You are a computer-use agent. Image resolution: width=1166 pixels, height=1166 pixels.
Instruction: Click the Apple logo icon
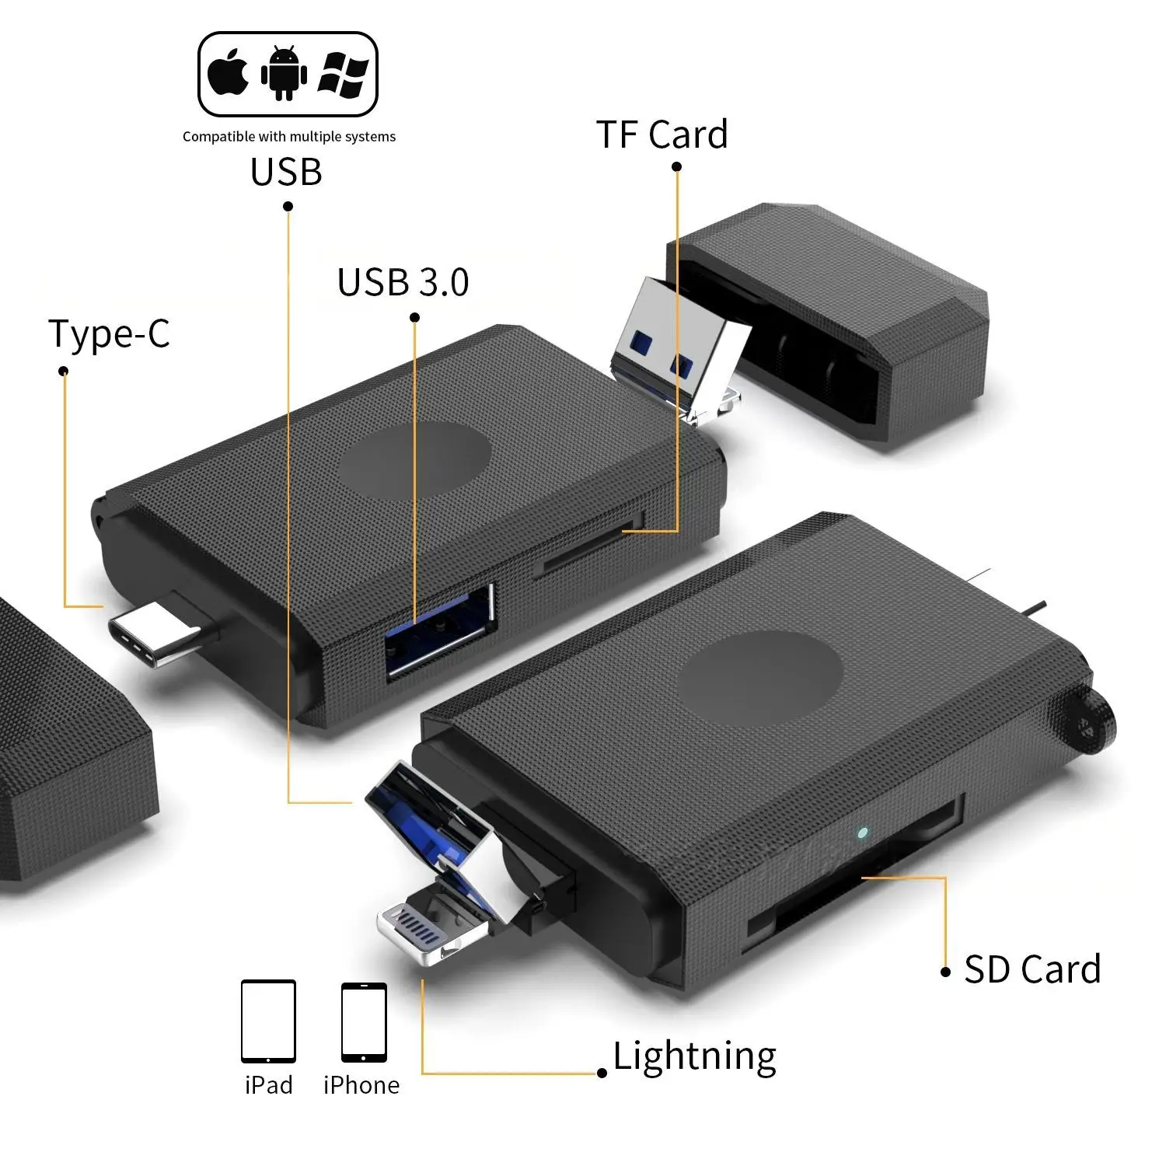[x=229, y=74]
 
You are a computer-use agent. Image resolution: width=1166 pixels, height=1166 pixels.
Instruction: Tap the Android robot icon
[x=284, y=74]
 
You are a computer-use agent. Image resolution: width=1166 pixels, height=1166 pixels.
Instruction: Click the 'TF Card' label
[x=662, y=134]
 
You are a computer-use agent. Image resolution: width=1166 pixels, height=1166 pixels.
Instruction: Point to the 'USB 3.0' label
[x=403, y=282]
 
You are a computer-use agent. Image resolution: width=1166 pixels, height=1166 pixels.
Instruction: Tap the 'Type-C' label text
[x=109, y=334]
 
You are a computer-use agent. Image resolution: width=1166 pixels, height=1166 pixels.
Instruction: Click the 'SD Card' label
[x=1032, y=969]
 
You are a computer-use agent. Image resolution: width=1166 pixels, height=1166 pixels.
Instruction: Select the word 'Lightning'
[x=694, y=1056]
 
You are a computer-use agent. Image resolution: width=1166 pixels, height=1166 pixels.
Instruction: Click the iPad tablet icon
[x=268, y=1021]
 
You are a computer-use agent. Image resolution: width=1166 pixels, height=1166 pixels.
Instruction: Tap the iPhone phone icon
[x=364, y=1022]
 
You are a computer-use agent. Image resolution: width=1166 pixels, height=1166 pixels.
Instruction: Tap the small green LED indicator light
[x=861, y=833]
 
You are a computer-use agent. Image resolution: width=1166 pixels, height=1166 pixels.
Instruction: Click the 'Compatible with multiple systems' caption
[x=288, y=137]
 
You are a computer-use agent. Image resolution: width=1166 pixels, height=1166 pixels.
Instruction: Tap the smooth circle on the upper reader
[x=414, y=460]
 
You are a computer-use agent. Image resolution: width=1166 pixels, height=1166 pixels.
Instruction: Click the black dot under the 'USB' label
[x=288, y=206]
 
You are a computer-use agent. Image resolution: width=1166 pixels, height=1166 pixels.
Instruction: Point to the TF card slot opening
[x=591, y=548]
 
